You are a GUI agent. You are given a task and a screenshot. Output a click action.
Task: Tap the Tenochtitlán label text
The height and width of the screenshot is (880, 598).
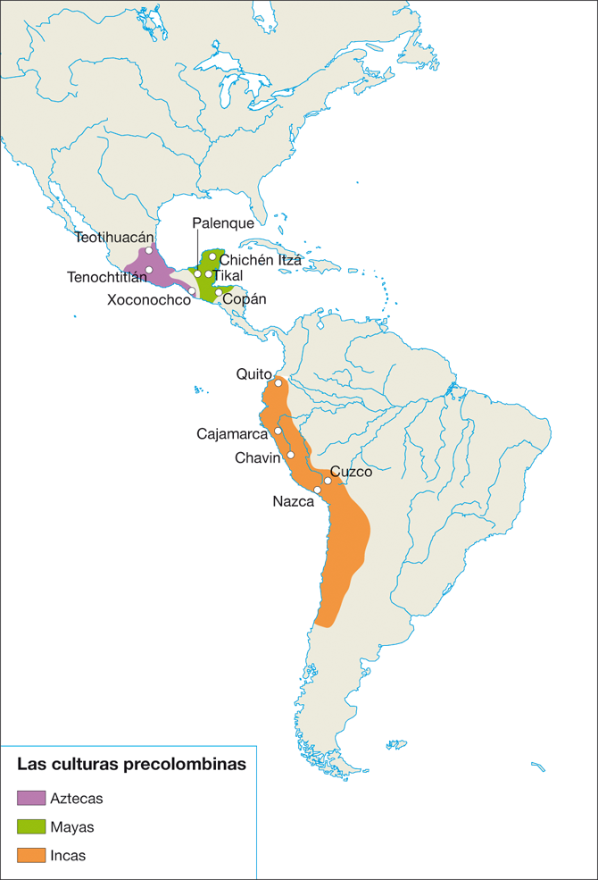click(x=106, y=277)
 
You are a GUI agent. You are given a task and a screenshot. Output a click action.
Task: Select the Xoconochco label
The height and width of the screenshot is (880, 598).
click(x=149, y=300)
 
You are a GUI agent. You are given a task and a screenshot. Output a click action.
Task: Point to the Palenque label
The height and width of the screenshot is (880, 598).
click(x=223, y=223)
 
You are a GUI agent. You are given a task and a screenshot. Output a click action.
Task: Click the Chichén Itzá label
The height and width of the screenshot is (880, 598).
click(x=253, y=259)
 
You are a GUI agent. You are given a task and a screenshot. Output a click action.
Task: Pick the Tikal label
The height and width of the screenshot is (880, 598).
click(x=228, y=276)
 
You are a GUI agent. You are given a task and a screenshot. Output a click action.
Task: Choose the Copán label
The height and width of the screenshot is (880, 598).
click(x=245, y=299)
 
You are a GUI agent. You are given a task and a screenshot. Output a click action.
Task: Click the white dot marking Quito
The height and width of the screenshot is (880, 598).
click(x=278, y=383)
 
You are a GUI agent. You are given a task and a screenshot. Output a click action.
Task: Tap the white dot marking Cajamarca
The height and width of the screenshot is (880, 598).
click(x=278, y=431)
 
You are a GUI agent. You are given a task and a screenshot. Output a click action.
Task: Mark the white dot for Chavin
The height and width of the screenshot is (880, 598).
click(x=290, y=455)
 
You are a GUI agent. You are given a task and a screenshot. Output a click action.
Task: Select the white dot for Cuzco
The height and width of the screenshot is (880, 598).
click(x=328, y=481)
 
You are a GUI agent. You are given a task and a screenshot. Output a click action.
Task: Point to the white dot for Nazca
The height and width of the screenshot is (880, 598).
click(x=317, y=490)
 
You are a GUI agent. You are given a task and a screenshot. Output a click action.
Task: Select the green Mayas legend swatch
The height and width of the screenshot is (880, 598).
click(x=31, y=826)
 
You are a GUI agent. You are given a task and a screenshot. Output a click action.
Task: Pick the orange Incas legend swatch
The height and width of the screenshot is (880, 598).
click(x=31, y=855)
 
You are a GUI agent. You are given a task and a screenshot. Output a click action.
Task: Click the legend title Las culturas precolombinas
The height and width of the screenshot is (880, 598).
click(x=131, y=765)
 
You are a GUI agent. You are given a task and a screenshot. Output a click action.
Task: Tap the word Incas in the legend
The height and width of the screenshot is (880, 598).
click(x=69, y=855)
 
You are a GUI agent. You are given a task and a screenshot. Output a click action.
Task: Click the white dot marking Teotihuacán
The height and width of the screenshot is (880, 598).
click(x=148, y=250)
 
